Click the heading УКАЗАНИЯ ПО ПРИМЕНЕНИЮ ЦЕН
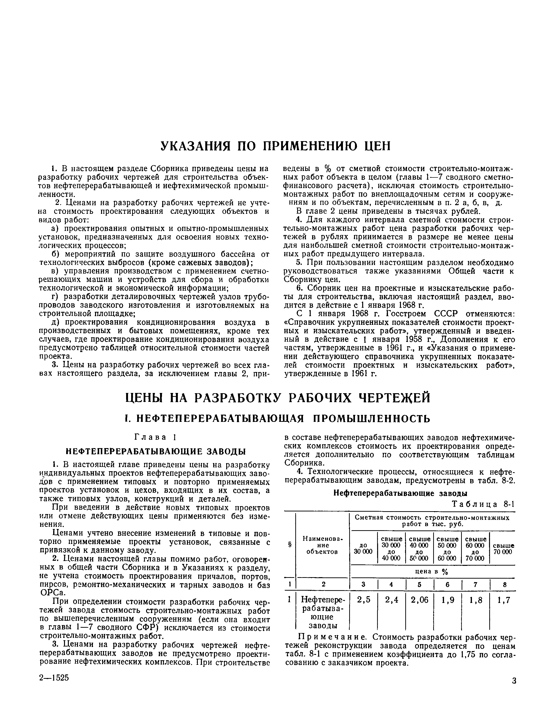275,146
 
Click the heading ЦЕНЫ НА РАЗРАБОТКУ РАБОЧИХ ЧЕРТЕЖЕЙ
278,398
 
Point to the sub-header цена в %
433,571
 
